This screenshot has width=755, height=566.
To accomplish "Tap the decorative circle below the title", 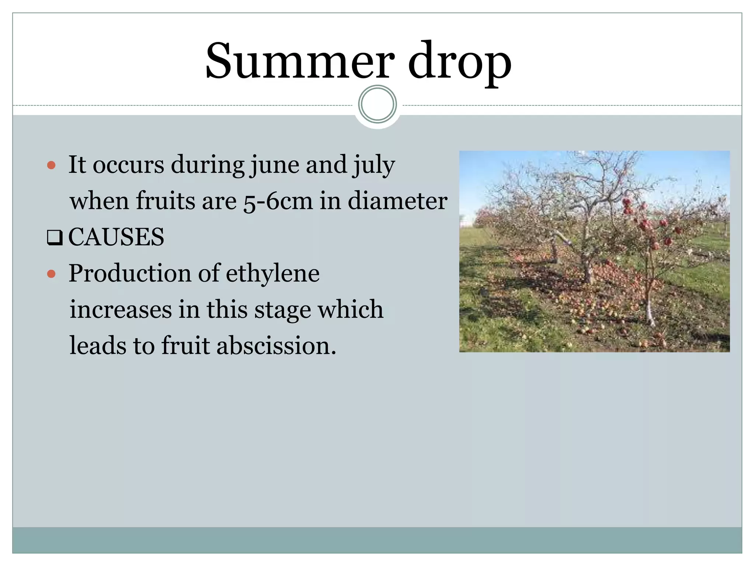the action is click(x=377, y=104).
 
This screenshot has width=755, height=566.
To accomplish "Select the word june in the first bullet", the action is click(x=275, y=165).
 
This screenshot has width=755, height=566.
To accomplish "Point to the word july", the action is click(x=374, y=165).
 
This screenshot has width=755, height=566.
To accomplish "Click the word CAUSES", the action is click(x=116, y=237).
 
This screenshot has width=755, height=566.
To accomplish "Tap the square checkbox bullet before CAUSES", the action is click(x=55, y=238).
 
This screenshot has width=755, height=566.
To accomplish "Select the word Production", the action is click(x=130, y=273).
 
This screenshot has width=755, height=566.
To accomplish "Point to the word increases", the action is click(x=121, y=310).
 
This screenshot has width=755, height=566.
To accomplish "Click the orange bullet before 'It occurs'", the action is click(x=51, y=165).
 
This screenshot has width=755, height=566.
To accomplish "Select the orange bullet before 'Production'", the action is click(x=51, y=274).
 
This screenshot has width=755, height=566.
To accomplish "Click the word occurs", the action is click(x=128, y=165).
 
